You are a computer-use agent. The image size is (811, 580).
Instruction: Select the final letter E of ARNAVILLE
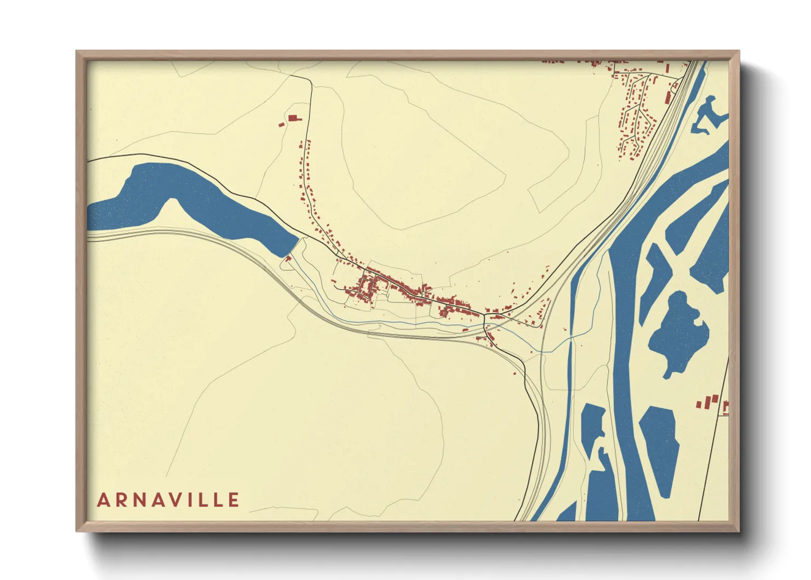point(234,500)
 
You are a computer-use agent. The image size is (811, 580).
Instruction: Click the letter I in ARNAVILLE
point(195,500)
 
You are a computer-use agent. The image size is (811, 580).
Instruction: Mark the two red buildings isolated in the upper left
point(291,120)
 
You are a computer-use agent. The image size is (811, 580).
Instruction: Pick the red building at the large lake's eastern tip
point(287,258)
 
